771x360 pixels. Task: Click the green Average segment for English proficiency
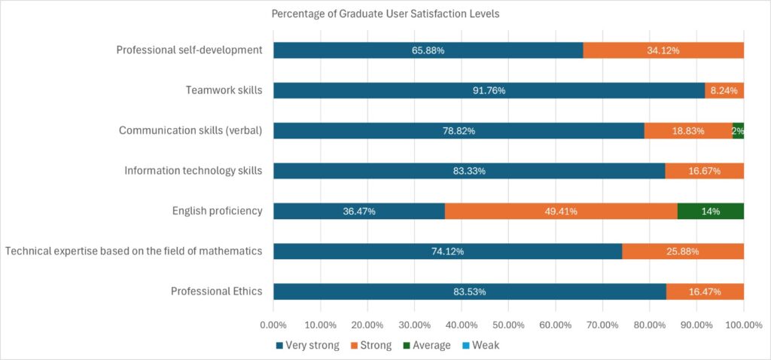click(710, 211)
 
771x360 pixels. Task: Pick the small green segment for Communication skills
click(738, 130)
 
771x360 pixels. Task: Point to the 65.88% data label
click(428, 50)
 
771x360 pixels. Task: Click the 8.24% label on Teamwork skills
click(725, 90)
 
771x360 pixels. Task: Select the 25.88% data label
click(683, 252)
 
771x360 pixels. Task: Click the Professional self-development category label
click(189, 50)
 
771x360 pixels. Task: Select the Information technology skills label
click(193, 170)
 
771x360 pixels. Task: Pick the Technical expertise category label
click(133, 252)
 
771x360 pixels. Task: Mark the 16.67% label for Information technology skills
click(704, 171)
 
